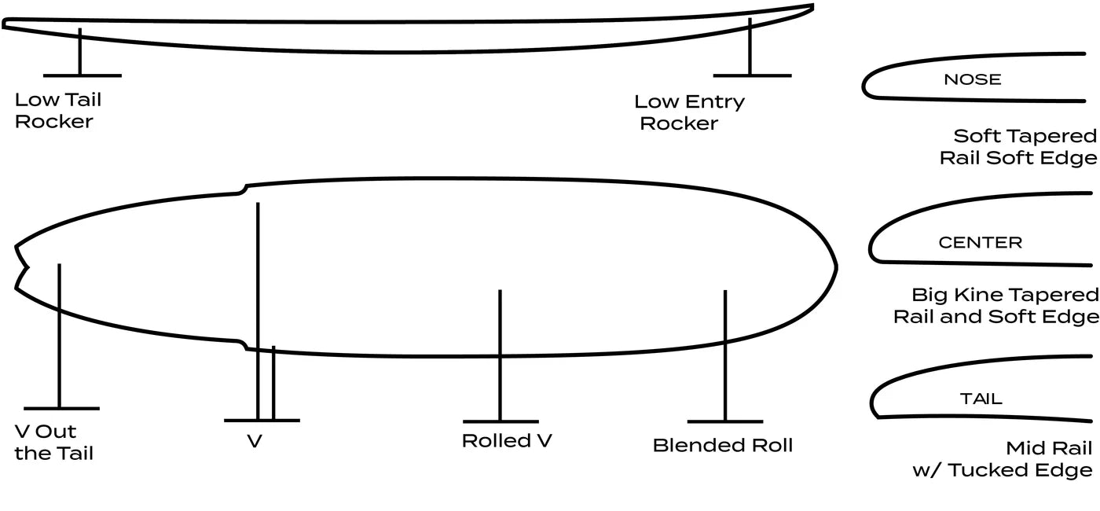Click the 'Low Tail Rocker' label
tap(58, 111)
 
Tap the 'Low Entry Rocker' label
tap(689, 112)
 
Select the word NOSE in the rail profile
tap(972, 79)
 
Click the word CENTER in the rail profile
tap(980, 243)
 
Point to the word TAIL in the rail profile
tap(981, 399)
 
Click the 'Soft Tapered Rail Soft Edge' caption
tap(1018, 147)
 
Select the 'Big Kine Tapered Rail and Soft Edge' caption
tap(996, 306)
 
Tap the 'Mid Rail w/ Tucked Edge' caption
tap(1003, 459)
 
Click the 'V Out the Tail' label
tap(54, 443)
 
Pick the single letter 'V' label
tap(255, 442)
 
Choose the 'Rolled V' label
tap(507, 441)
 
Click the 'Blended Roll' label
tap(723, 446)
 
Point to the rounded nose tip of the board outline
tap(834, 267)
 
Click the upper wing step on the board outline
tap(243, 189)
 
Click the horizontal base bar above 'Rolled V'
tap(500, 421)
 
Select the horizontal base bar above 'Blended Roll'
tap(724, 421)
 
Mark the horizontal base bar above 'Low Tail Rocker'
tap(82, 75)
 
